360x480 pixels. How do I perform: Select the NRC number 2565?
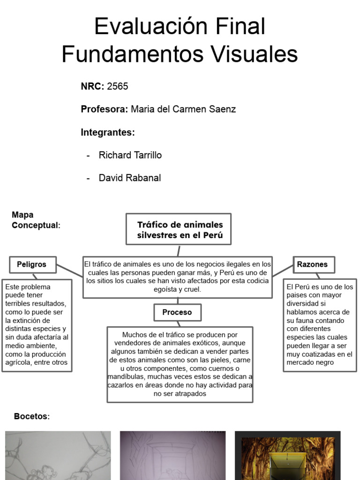point(118,86)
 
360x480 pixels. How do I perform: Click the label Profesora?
point(104,109)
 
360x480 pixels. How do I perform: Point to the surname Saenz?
point(222,109)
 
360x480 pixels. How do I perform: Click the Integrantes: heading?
point(108,132)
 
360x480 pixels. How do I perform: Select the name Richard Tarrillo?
point(130,155)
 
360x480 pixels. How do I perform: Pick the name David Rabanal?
point(129,178)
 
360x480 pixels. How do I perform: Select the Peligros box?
point(32,264)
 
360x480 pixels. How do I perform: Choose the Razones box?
point(312,264)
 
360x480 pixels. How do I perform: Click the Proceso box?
point(177,312)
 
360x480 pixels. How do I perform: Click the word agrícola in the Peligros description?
point(19,362)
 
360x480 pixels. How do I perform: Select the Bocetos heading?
point(31,416)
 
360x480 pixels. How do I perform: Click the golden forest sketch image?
point(287,456)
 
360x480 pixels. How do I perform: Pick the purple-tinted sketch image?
point(172,456)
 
